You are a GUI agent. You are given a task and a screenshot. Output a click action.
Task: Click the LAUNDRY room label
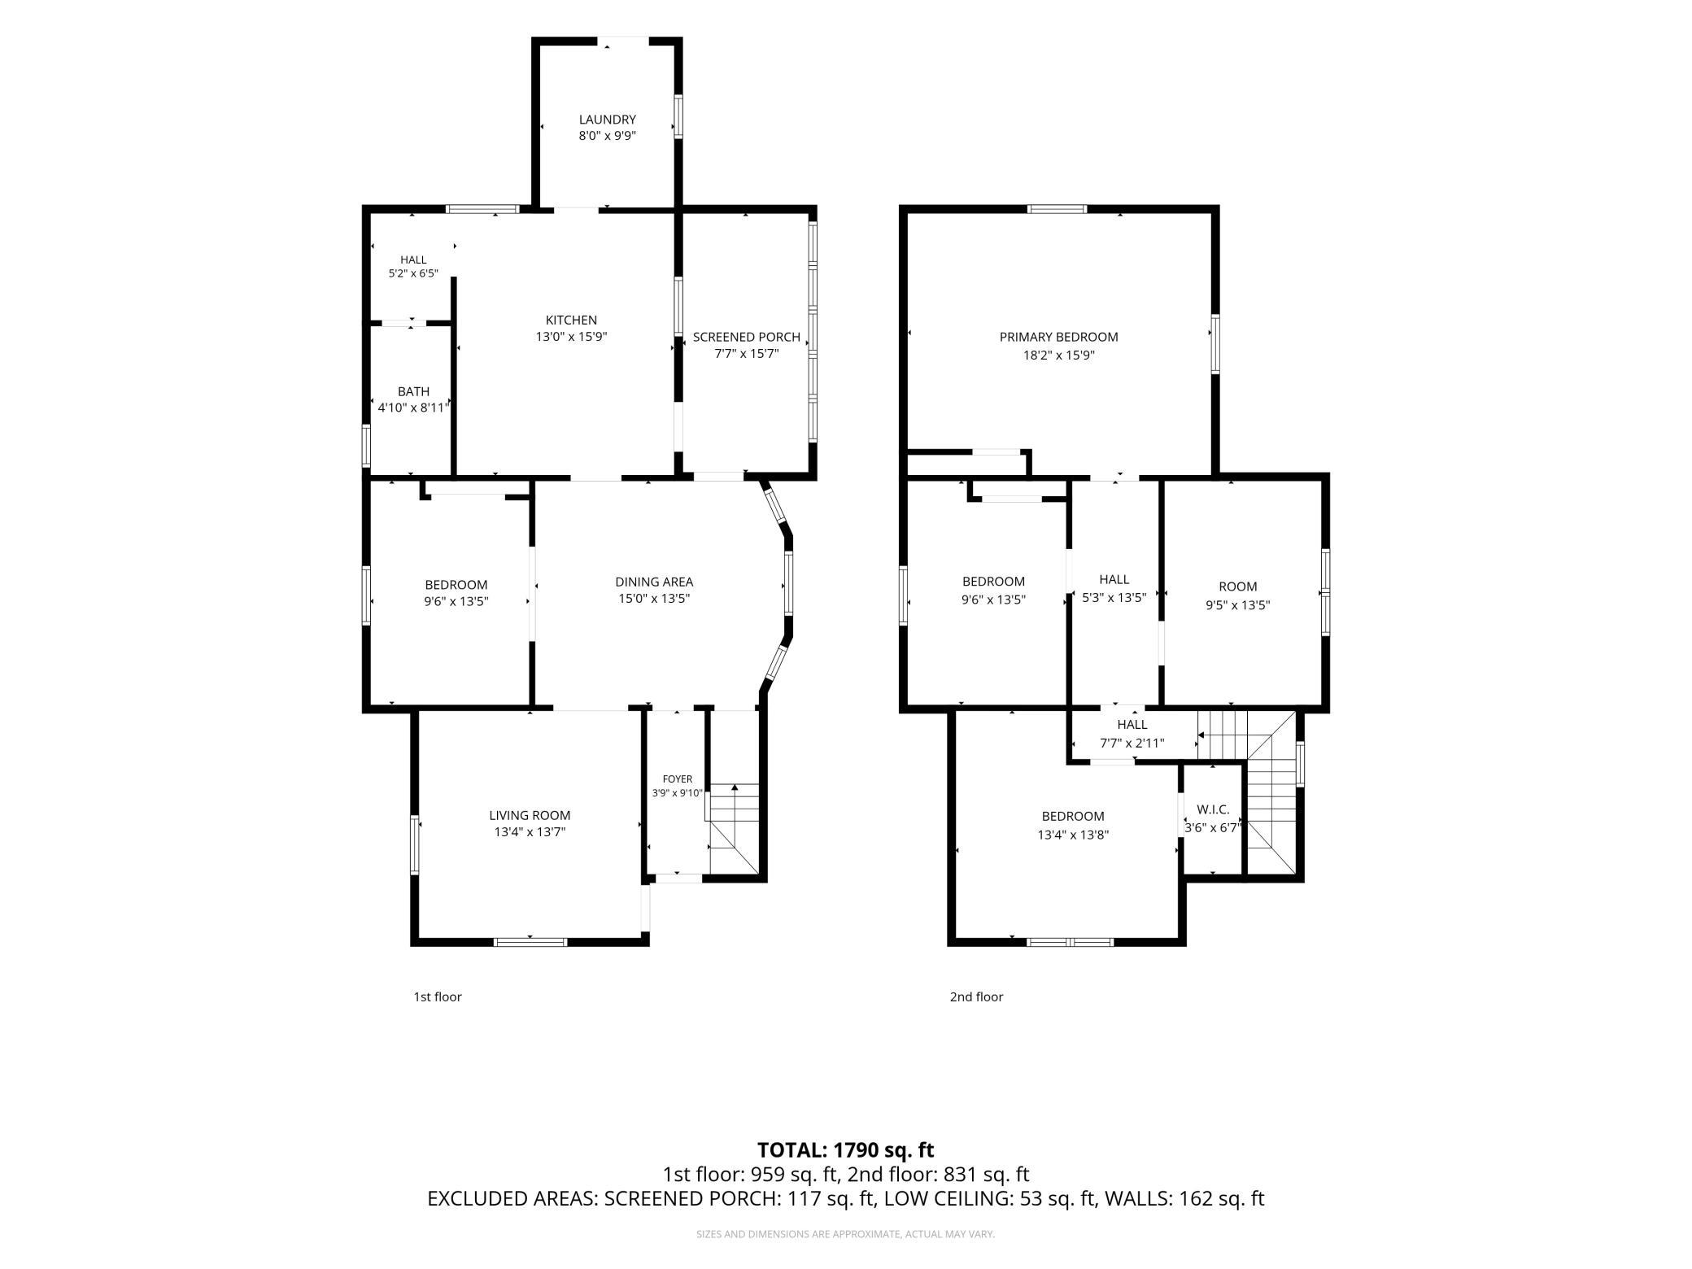(x=607, y=120)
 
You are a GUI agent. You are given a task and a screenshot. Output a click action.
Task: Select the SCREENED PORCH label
(x=746, y=337)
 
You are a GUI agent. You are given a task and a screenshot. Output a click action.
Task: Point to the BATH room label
(x=413, y=391)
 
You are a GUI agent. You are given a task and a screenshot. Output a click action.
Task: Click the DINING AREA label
(x=654, y=582)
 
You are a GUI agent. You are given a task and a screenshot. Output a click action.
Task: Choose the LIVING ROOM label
(x=530, y=815)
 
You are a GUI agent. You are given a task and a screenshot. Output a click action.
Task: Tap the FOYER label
(x=678, y=779)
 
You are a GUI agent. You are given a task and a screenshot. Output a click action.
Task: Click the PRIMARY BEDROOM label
(x=1058, y=337)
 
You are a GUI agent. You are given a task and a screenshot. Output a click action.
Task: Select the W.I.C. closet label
(x=1213, y=810)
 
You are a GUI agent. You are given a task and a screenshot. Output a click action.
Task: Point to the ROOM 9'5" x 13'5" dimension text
(x=1237, y=605)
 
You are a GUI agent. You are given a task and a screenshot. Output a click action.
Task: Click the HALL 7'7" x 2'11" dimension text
(x=1132, y=743)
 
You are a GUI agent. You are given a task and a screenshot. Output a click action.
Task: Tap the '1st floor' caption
(x=438, y=996)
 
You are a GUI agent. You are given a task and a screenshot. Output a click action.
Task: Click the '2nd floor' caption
(x=976, y=996)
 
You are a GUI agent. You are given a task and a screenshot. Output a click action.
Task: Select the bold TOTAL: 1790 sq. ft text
(x=845, y=1150)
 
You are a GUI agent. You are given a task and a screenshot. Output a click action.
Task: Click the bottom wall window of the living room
(x=530, y=942)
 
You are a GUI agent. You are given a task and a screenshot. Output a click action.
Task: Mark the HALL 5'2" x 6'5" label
(x=413, y=267)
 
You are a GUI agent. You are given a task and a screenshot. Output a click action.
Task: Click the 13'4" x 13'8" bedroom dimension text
(x=1072, y=835)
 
